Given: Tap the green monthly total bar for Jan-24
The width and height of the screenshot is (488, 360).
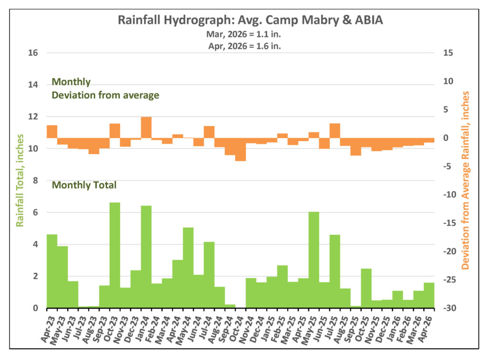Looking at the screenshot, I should (x=146, y=257).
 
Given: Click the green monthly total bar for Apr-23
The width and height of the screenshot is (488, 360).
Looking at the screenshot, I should (x=52, y=271).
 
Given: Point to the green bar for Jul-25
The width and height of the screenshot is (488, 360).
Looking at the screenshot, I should (x=335, y=271).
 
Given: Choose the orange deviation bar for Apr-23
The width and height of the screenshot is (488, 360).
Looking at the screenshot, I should (x=52, y=132).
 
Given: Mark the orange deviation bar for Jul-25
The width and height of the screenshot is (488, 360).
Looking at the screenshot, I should (x=335, y=131).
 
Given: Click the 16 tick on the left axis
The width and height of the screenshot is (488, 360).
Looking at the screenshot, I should (x=33, y=53).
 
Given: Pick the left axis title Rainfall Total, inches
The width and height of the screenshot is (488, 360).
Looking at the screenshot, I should (x=20, y=180).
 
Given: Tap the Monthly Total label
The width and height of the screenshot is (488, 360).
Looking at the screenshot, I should (x=84, y=185).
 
